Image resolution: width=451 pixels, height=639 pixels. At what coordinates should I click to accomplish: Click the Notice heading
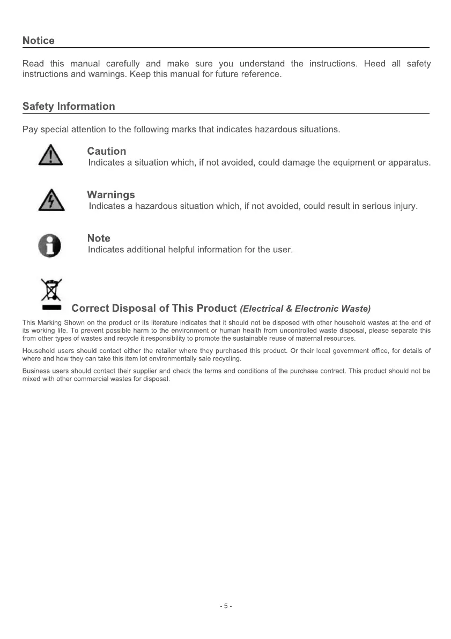click(x=39, y=41)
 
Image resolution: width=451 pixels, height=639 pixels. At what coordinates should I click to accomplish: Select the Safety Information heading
click(x=69, y=107)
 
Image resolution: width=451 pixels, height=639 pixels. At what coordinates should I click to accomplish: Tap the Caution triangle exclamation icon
click(x=50, y=155)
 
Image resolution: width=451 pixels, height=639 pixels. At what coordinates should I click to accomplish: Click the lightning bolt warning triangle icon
click(x=51, y=200)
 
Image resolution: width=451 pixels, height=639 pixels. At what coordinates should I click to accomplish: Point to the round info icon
click(x=50, y=245)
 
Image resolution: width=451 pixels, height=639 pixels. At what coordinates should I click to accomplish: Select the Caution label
click(x=107, y=152)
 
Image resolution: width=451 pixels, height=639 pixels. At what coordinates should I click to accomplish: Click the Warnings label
click(x=111, y=195)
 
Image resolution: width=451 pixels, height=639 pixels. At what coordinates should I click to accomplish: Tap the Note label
click(x=99, y=238)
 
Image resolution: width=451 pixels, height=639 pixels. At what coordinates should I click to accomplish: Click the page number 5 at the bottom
click(x=226, y=606)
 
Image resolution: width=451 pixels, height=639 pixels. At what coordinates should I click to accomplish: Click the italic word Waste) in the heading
click(x=356, y=309)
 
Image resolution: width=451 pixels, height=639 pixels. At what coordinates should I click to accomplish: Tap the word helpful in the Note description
click(x=183, y=250)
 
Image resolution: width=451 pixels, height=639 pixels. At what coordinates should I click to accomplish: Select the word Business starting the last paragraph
click(x=35, y=371)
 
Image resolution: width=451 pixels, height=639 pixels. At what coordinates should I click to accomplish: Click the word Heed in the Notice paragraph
click(x=374, y=64)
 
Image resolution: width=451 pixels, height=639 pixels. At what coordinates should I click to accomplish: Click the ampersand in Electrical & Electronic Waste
click(x=289, y=309)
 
